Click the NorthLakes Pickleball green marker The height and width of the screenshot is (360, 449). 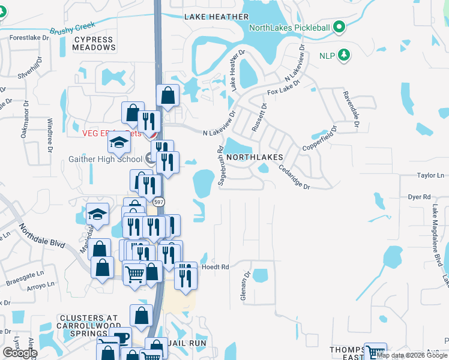click(x=339, y=27)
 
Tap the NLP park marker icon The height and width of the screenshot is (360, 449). click(x=344, y=56)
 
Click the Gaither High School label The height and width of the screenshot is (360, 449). click(x=106, y=158)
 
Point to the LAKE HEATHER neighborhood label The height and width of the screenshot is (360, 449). click(x=208, y=17)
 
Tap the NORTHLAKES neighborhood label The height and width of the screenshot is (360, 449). click(x=254, y=156)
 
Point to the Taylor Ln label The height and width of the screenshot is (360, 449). click(x=429, y=176)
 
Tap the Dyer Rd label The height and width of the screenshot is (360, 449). click(x=420, y=196)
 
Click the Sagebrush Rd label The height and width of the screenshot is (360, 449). click(x=221, y=167)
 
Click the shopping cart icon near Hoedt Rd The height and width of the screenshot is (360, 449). click(x=135, y=274)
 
